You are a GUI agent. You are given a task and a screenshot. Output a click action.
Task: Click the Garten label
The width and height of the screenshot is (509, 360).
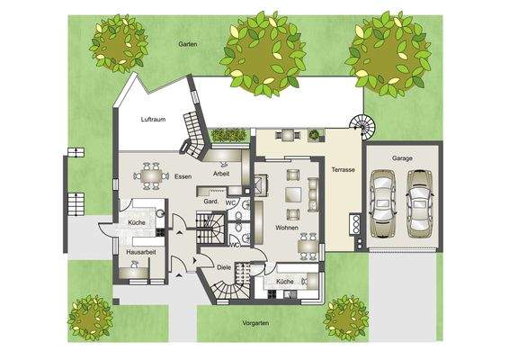click(187, 44)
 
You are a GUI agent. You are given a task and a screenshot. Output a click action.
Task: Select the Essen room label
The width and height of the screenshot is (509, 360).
click(184, 175)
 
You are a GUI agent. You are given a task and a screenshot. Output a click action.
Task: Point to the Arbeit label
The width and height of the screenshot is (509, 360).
click(221, 174)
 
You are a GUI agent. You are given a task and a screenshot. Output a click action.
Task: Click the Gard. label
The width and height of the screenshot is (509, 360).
click(213, 202)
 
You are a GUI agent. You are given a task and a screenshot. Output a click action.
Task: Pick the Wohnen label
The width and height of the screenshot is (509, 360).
click(287, 229)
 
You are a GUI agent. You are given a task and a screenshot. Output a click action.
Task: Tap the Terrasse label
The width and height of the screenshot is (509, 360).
click(342, 169)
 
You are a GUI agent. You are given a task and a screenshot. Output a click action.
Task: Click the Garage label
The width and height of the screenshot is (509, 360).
click(402, 157)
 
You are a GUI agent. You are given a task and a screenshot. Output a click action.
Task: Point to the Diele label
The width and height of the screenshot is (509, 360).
click(225, 267)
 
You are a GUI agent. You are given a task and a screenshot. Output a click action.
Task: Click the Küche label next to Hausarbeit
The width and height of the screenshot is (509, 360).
click(137, 221)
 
